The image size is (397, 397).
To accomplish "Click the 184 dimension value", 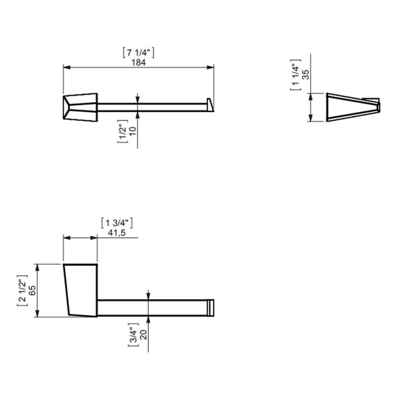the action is [x=139, y=62].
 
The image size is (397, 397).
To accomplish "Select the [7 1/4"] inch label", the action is [x=139, y=53].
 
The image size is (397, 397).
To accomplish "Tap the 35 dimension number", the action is [x=306, y=74].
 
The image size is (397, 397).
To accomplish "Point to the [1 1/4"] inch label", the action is [x=296, y=74].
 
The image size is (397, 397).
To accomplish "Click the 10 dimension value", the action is [x=132, y=131].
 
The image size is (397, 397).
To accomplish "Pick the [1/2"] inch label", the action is [x=122, y=131].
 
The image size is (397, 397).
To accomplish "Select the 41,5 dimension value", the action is [x=117, y=233].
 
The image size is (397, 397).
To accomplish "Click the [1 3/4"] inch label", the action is [x=117, y=223].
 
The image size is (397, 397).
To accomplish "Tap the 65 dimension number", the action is [x=32, y=291].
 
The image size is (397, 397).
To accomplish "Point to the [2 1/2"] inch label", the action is [x=22, y=291].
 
